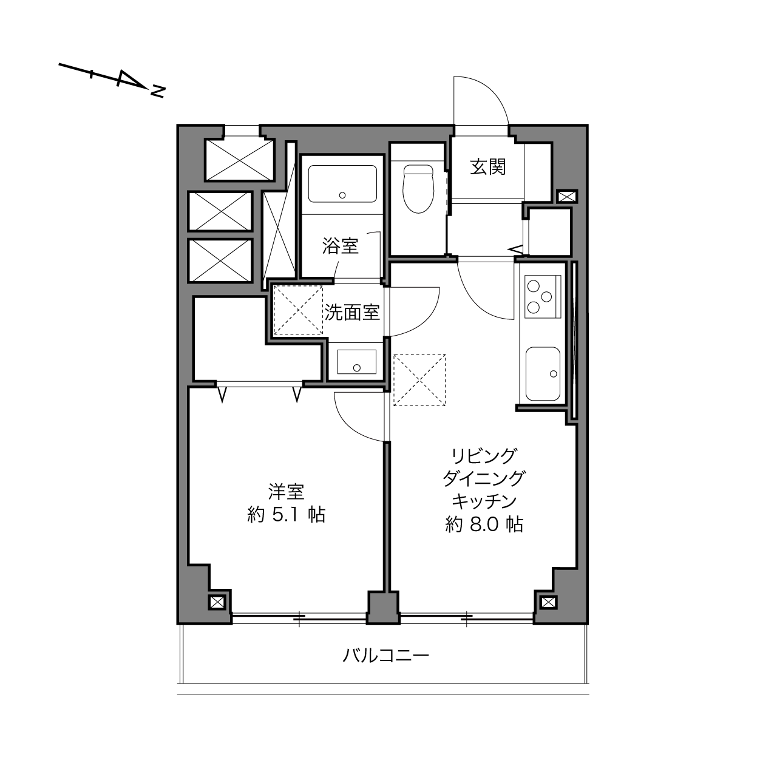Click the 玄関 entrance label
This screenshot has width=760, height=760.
tap(488, 167)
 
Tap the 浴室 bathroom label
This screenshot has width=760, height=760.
tap(341, 246)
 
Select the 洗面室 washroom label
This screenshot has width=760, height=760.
tap(352, 313)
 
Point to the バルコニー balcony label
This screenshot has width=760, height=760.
tap(385, 656)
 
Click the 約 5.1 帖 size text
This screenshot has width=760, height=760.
tap(287, 515)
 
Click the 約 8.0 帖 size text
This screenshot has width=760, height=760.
tap(484, 524)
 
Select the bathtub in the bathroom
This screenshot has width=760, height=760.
tap(342, 184)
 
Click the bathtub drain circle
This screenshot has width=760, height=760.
tap(342, 195)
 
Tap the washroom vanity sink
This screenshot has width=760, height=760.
tap(356, 362)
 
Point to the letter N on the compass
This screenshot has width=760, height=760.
tap(157, 92)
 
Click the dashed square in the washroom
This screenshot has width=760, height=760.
tap(298, 310)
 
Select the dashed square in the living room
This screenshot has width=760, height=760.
tap(419, 380)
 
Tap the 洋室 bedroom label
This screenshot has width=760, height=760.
tap(287, 492)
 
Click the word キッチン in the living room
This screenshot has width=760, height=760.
tap(484, 501)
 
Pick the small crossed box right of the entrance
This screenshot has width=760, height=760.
tap(568, 197)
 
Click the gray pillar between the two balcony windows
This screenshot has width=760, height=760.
tap(384, 608)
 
